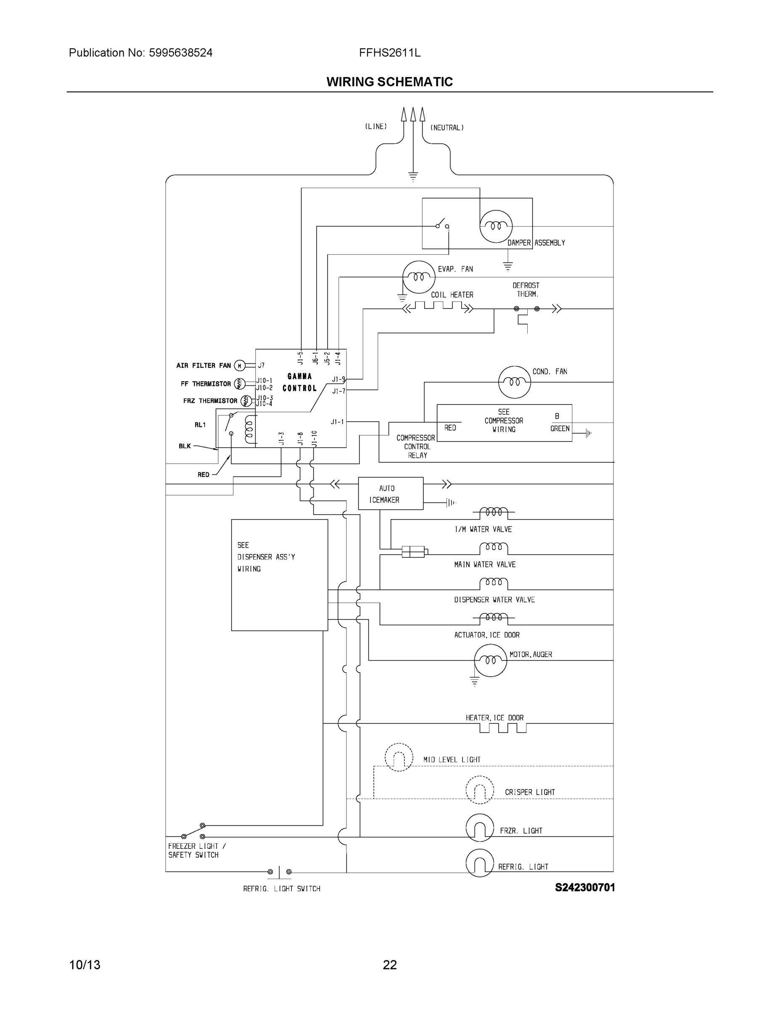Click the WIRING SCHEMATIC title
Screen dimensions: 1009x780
[389, 82]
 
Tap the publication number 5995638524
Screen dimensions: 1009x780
[181, 53]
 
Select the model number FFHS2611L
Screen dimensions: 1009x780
[389, 53]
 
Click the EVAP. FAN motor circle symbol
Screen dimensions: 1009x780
[419, 277]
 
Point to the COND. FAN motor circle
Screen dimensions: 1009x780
[514, 382]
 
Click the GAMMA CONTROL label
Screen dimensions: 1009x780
[299, 383]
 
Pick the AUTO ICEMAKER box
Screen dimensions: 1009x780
[391, 494]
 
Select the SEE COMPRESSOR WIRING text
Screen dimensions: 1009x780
[504, 420]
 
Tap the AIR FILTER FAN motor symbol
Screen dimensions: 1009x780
[239, 366]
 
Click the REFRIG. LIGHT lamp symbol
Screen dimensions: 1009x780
[480, 863]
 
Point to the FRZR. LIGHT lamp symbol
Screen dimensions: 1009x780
[480, 827]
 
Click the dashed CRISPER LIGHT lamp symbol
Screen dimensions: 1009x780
[480, 790]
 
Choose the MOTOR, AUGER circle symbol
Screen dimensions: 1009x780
[490, 660]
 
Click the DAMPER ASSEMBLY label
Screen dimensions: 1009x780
[536, 243]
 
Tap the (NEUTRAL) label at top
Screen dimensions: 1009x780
[447, 127]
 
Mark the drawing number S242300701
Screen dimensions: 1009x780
[584, 887]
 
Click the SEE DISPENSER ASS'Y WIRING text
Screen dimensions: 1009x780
[266, 557]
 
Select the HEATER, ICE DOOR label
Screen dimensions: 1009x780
[494, 718]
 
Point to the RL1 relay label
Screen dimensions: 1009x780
[200, 425]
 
